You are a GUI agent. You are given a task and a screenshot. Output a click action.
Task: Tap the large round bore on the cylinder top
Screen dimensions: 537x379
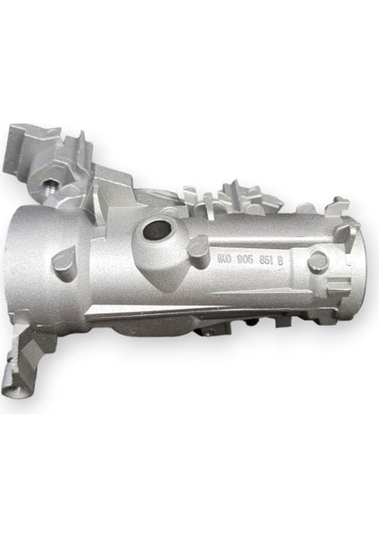pos(156,229)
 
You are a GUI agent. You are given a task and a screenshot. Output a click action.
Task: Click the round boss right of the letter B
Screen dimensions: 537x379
pos(316,261)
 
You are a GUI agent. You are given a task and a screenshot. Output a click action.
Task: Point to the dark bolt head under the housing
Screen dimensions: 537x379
pos(206,331)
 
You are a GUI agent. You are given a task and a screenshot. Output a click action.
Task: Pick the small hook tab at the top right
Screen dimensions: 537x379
pos(338,205)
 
